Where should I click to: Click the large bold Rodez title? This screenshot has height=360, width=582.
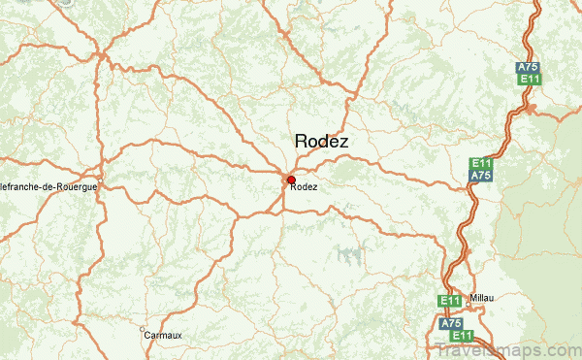tap(322, 142)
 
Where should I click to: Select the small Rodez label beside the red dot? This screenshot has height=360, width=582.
tap(304, 187)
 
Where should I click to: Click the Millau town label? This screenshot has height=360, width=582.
tap(482, 297)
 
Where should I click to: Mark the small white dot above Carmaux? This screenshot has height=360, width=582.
tap(146, 328)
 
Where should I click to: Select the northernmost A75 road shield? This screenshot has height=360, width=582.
tap(529, 66)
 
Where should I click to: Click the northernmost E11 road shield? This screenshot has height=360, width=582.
tap(529, 80)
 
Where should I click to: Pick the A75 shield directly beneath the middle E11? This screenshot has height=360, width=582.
tap(480, 176)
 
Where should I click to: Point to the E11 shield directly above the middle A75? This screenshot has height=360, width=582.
tap(480, 162)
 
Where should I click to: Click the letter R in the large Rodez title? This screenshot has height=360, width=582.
tap(302, 142)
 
